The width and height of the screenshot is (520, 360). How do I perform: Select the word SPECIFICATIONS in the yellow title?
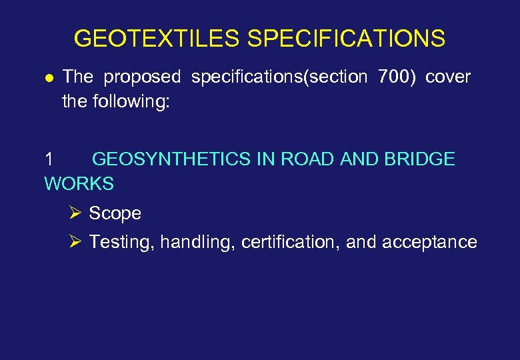pyautogui.click(x=346, y=39)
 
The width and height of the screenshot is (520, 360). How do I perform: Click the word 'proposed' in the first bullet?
pyautogui.click(x=142, y=77)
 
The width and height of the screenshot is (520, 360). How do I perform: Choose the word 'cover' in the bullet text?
pyautogui.click(x=447, y=77)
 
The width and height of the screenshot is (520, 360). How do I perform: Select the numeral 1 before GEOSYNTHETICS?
pyautogui.click(x=49, y=159)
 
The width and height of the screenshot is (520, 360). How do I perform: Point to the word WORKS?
pyautogui.click(x=79, y=183)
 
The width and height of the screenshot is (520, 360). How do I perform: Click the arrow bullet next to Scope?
pyautogui.click(x=75, y=213)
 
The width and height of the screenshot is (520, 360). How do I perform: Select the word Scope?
pyautogui.click(x=115, y=214)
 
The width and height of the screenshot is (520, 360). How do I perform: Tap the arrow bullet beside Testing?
pyautogui.click(x=75, y=241)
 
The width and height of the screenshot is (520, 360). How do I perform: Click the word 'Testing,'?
pyautogui.click(x=123, y=242)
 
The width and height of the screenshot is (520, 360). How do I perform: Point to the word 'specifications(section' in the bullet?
pyautogui.click(x=279, y=77)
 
